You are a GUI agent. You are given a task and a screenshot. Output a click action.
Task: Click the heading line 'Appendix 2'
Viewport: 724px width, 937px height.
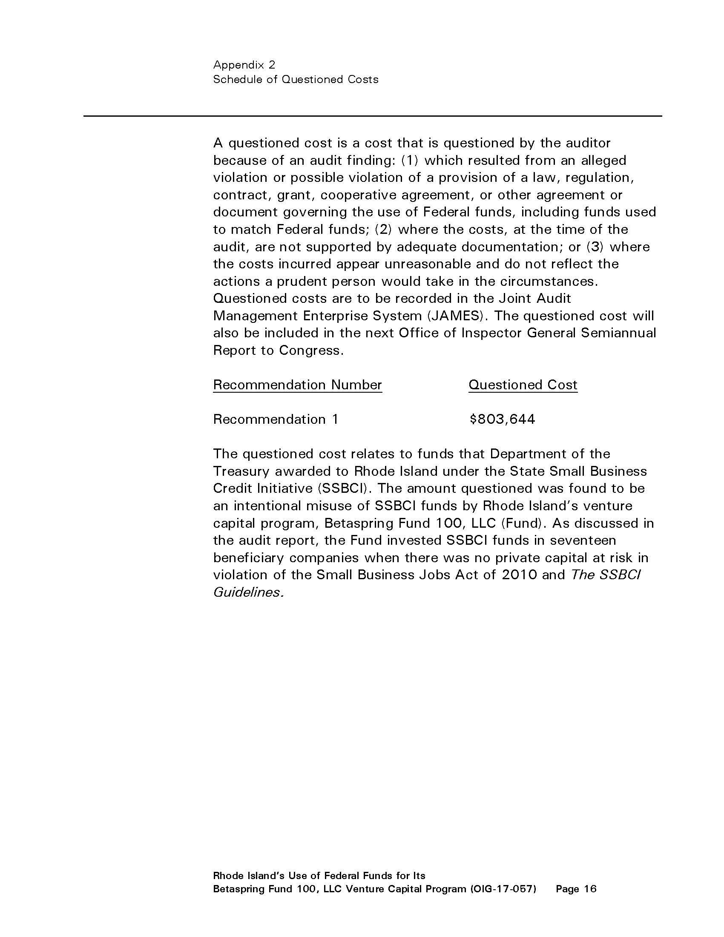[x=244, y=65]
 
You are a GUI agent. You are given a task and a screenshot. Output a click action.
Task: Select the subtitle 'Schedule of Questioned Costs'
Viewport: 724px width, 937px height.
[x=296, y=79]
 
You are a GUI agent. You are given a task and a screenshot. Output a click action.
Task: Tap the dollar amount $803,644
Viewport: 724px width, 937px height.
[x=502, y=419]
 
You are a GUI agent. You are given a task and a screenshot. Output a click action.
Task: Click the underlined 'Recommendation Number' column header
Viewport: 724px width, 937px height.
[x=297, y=385]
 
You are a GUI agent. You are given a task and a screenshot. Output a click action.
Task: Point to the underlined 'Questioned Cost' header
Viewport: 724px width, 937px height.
[x=523, y=385]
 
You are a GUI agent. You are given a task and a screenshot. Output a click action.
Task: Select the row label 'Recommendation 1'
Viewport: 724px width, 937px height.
[x=276, y=419]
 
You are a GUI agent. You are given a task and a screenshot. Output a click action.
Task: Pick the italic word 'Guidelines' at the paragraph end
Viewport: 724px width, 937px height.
[x=247, y=592]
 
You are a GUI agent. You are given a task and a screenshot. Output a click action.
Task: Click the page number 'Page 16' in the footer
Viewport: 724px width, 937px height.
[x=576, y=888]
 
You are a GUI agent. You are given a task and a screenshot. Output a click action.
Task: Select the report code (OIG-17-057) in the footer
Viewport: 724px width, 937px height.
[x=503, y=888]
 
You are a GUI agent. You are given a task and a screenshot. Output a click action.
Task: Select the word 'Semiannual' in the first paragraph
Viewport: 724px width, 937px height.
[x=618, y=333]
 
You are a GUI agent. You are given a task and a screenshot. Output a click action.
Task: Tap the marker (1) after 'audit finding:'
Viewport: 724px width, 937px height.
[x=410, y=161]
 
